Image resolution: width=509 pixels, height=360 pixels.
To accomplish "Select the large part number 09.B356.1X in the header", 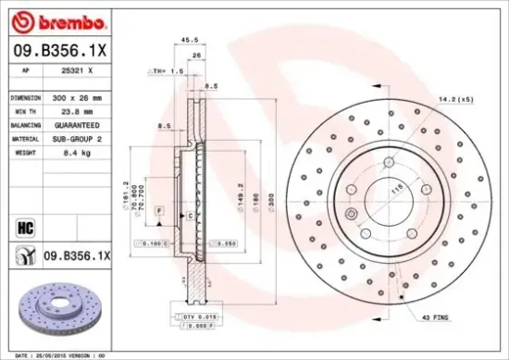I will click(60, 52).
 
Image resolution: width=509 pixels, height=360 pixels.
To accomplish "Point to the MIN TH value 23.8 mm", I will click(74, 109).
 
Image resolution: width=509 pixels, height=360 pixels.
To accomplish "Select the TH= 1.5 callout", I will click(171, 70).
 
